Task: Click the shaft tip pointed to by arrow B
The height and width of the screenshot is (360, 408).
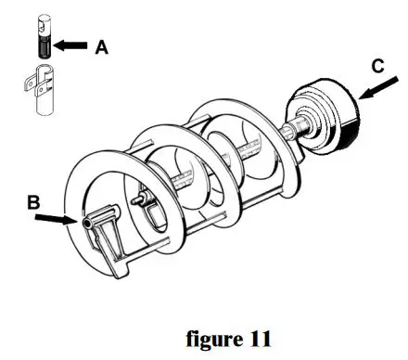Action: click(x=88, y=223)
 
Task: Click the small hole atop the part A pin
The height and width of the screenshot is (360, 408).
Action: click(x=43, y=19)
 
